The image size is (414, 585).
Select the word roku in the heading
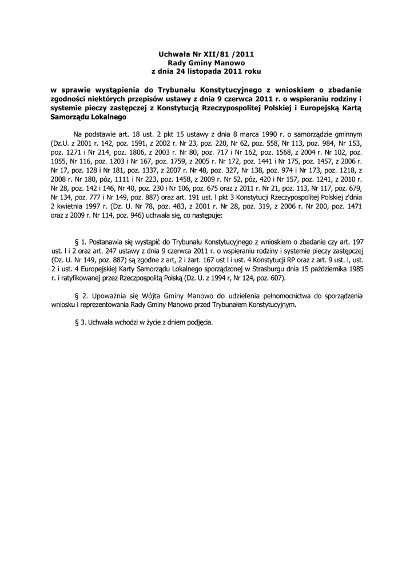[250, 71]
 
